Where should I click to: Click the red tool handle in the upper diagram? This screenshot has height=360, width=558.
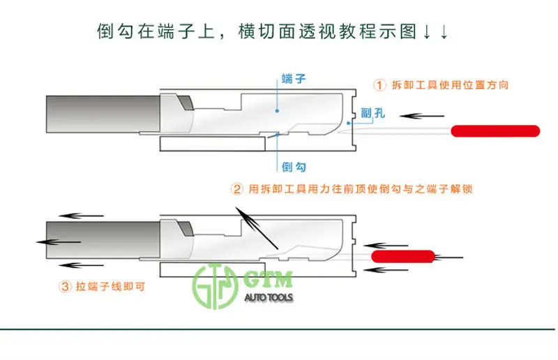pos(497,130)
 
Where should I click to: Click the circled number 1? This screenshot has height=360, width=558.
pos(380,85)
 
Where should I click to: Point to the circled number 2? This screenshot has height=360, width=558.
pos(236,189)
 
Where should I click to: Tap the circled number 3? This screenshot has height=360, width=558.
pos(65,285)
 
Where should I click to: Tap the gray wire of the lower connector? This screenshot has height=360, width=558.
pos(101,241)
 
